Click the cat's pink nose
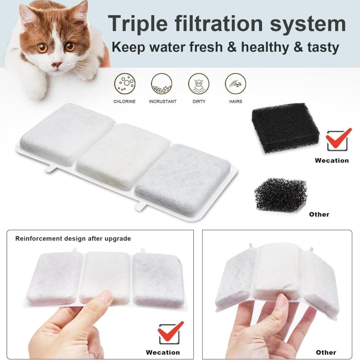56,64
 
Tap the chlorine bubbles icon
125,83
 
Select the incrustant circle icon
162,83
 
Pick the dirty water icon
199,83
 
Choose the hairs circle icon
235,83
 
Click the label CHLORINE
124,101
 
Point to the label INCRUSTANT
163,101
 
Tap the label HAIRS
236,101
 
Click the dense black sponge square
285,128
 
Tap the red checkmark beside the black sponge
339,139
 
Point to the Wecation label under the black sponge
332,160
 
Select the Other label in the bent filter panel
326,352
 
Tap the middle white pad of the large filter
123,157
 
